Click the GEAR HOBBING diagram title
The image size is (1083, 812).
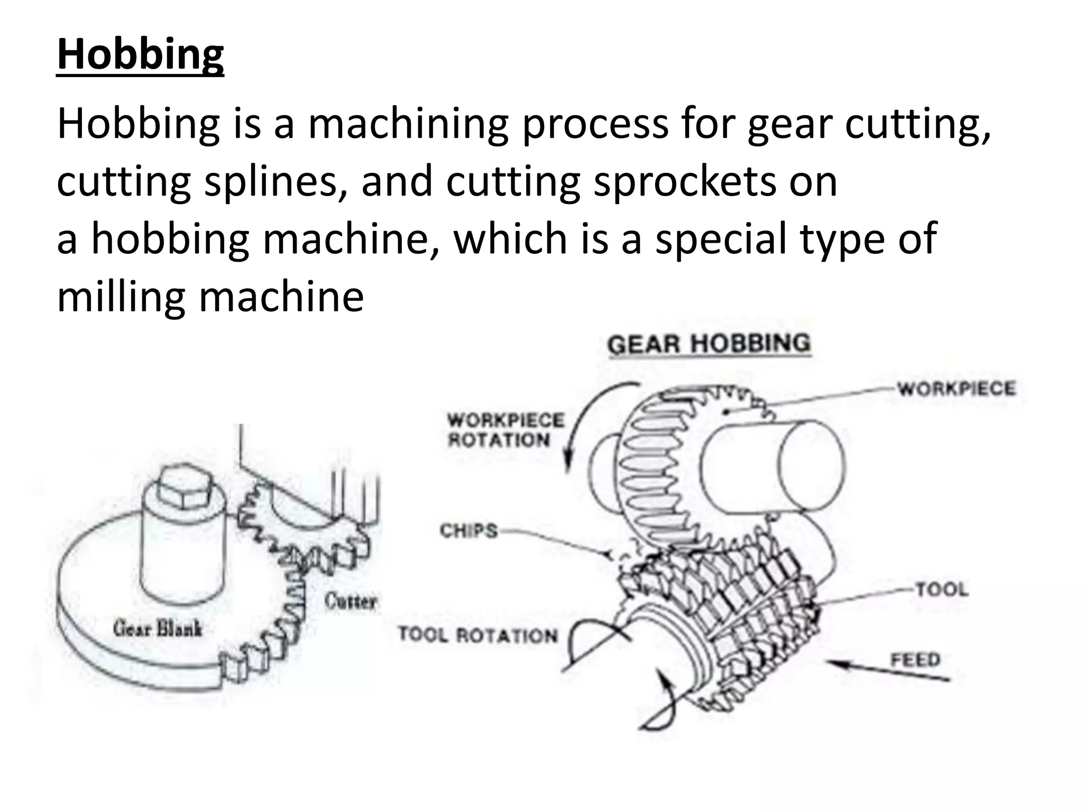click(709, 344)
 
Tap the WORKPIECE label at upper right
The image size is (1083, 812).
click(957, 389)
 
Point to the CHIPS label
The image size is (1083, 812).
click(469, 530)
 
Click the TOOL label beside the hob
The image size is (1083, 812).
click(942, 589)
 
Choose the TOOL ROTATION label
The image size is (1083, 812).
click(478, 634)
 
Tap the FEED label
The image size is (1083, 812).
click(915, 660)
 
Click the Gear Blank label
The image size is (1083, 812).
click(158, 629)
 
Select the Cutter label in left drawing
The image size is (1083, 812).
click(351, 601)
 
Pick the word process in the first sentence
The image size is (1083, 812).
click(595, 124)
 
